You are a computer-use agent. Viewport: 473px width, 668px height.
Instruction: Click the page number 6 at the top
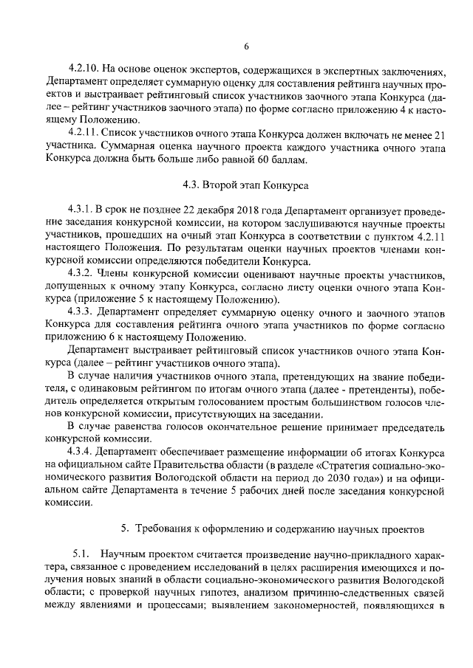(246, 47)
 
